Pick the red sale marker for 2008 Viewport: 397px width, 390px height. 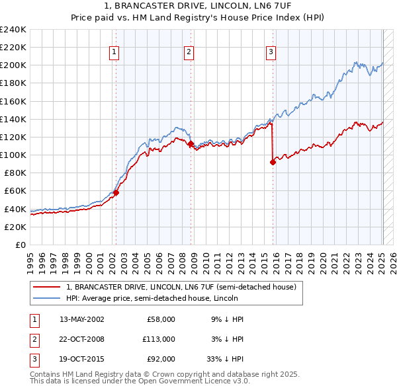coord(191,143)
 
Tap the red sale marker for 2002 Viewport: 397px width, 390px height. coord(116,193)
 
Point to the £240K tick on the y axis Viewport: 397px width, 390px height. coord(13,29)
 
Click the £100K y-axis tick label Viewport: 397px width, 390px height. coord(13,155)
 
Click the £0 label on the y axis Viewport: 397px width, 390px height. coord(21,245)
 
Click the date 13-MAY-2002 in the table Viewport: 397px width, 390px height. coord(82,319)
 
